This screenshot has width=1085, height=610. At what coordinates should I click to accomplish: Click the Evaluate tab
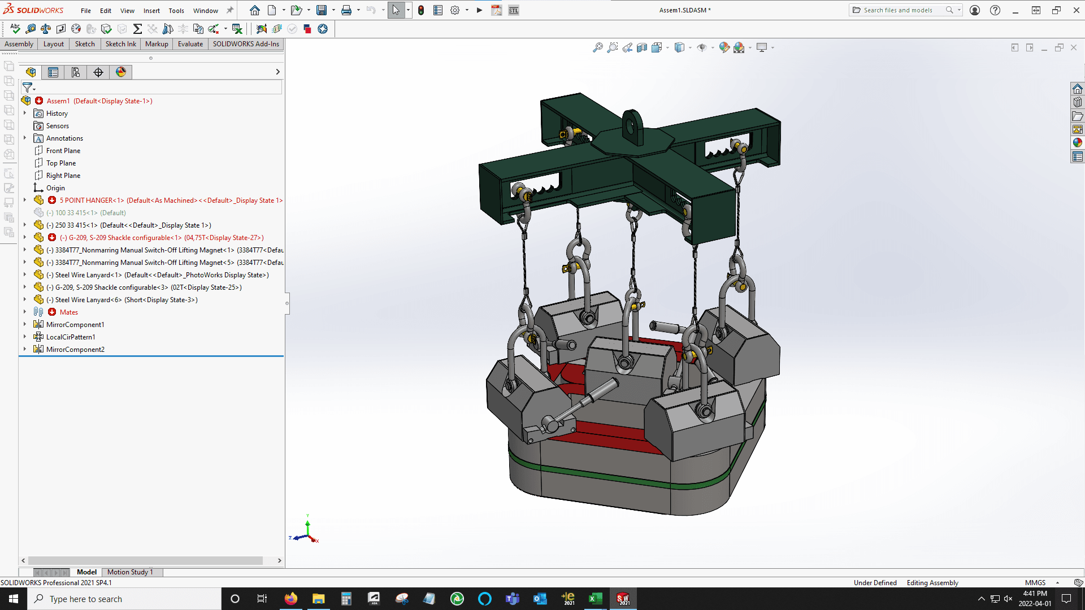click(x=190, y=44)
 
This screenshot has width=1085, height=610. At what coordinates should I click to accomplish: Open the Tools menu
click(x=176, y=11)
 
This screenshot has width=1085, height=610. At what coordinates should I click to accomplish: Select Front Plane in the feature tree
click(x=63, y=151)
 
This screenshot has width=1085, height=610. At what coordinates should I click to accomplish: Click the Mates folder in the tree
click(x=68, y=312)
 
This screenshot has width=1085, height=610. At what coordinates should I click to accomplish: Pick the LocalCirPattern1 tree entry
click(x=71, y=337)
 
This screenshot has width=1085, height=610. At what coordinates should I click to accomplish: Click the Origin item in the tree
click(x=55, y=188)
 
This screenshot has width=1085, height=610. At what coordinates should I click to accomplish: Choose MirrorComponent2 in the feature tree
click(x=75, y=350)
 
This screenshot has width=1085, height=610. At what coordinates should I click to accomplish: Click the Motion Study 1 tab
click(x=130, y=572)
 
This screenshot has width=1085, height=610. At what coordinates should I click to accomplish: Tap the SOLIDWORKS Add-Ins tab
click(x=246, y=44)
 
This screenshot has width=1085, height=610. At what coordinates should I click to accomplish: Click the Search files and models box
click(x=899, y=10)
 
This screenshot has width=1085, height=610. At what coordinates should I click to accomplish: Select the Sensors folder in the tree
click(x=57, y=126)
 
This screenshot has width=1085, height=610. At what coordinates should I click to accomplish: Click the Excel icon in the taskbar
click(x=595, y=599)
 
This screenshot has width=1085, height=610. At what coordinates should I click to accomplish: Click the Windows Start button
click(x=14, y=599)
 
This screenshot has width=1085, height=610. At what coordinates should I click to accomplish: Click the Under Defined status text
click(x=875, y=583)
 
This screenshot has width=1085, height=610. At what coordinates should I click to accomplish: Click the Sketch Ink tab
click(x=120, y=44)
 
